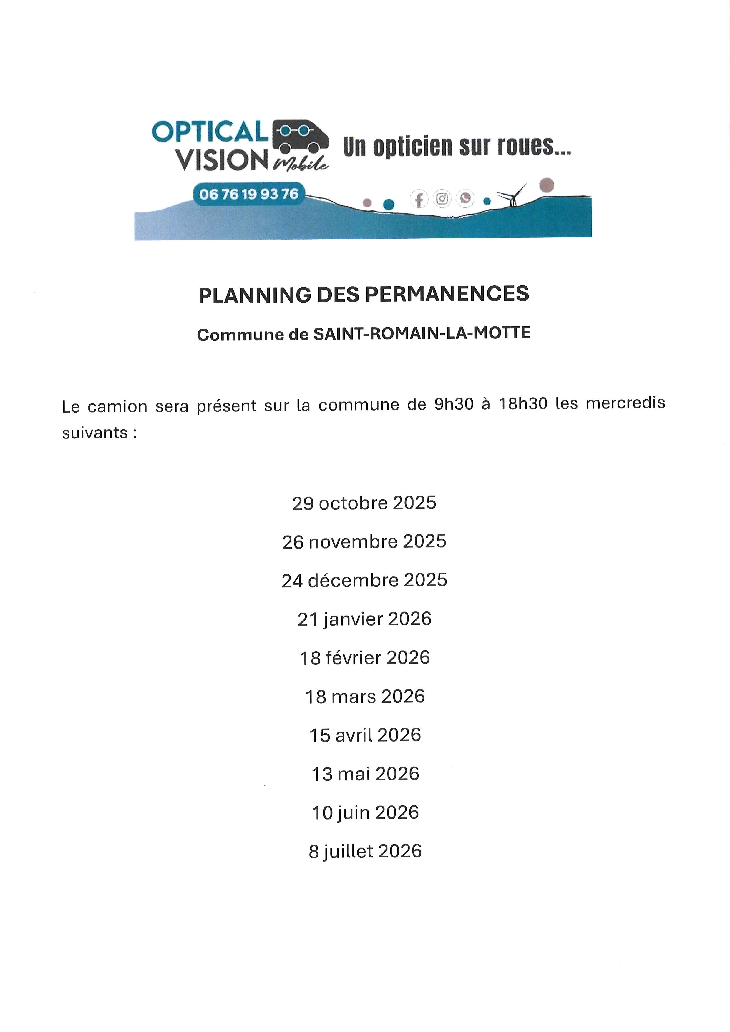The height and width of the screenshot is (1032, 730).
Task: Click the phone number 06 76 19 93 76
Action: [248, 194]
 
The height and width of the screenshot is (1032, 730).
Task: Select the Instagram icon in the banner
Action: [442, 199]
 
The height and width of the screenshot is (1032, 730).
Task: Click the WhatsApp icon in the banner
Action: [465, 198]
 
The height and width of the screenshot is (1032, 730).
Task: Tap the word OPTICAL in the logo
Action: [210, 132]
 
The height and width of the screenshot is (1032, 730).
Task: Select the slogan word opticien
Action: [413, 147]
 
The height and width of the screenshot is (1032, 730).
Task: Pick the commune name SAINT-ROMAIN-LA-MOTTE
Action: [422, 333]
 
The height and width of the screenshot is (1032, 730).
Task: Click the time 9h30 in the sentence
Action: [454, 404]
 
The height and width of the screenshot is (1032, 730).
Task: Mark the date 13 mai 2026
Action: [365, 774]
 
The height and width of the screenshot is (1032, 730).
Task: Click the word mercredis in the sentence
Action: [625, 403]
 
